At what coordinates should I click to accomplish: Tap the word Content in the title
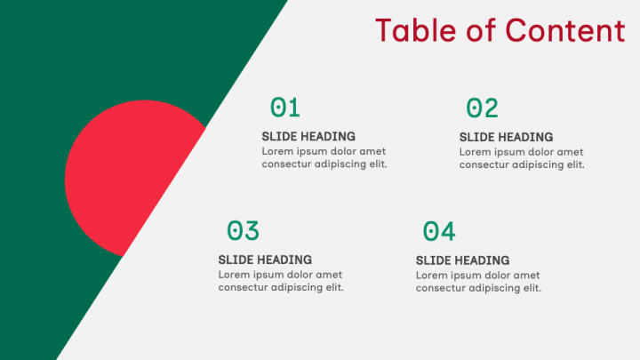[x=565, y=30]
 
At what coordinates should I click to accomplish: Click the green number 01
[x=285, y=108]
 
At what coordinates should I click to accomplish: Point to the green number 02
[x=482, y=108]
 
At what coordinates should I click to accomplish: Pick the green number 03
[x=243, y=230]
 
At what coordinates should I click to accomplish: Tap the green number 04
[x=439, y=231]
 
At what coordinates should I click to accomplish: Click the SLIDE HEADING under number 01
[x=308, y=136]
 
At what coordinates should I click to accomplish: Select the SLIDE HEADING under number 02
[x=506, y=137]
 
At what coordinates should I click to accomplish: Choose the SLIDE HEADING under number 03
[x=265, y=260]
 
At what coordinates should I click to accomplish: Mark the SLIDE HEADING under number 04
[x=462, y=260]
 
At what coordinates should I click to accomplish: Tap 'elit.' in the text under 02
[x=575, y=164]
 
